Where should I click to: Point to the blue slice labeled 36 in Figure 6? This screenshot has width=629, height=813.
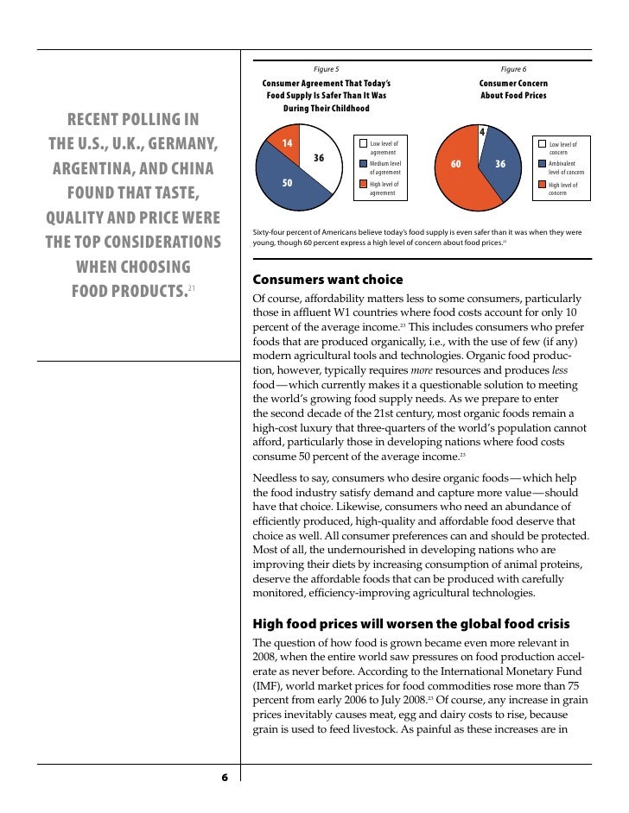[x=501, y=164]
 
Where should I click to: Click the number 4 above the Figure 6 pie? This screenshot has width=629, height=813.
[x=482, y=132]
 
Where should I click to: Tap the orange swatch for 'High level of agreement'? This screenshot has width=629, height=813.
[x=363, y=184]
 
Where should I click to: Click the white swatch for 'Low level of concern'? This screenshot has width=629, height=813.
[x=542, y=144]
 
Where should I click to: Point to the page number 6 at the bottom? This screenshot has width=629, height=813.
[x=224, y=778]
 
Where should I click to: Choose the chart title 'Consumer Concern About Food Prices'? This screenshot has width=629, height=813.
[x=513, y=89]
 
